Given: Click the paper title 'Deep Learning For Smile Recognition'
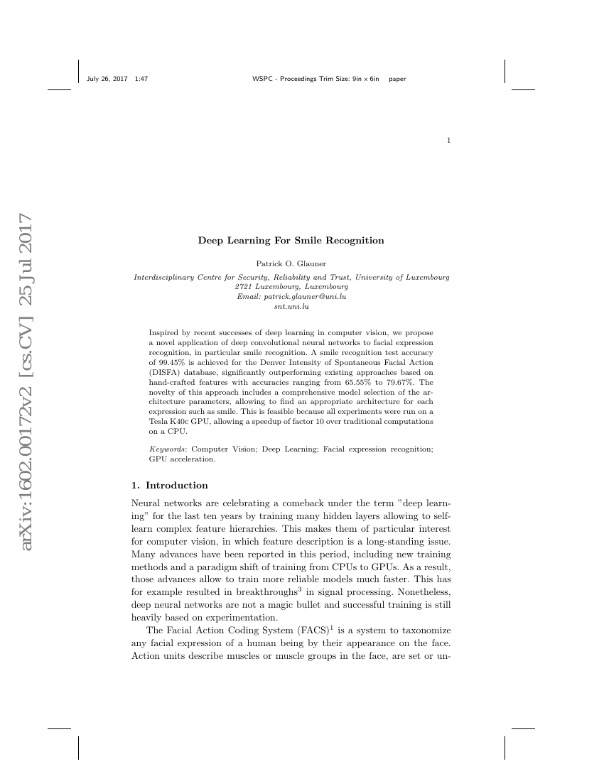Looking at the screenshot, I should click(291, 240).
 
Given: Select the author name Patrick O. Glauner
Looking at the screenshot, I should click(291, 263).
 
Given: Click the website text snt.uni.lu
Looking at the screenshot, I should click(291, 307).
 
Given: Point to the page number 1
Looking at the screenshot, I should click(448, 141).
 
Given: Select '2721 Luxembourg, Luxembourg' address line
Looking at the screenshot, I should click(291, 285).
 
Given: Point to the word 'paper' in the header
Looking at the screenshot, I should click(397, 79).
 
